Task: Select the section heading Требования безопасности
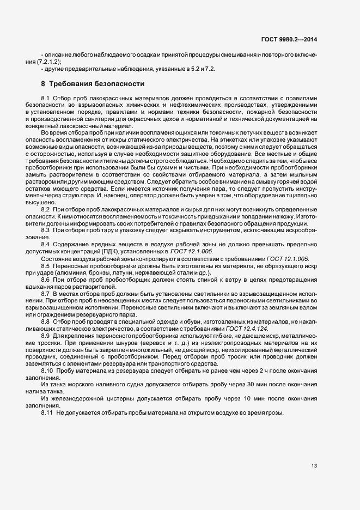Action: point(96,84)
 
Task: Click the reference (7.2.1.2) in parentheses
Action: point(52,62)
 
